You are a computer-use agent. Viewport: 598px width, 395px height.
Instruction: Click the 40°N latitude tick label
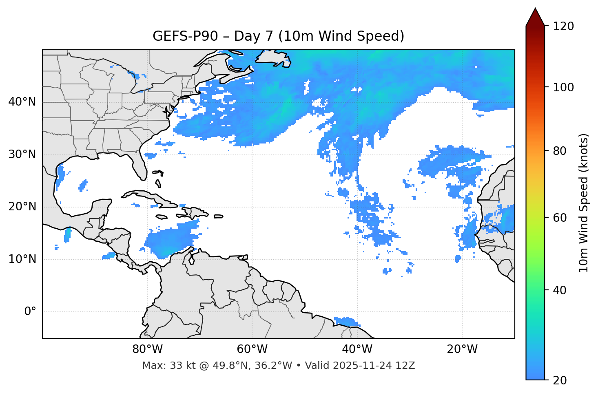[22, 102]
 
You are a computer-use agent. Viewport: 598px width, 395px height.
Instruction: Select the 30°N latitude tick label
[22, 154]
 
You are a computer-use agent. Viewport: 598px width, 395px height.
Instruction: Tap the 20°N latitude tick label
[22, 207]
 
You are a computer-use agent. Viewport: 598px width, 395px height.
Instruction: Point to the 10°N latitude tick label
[22, 259]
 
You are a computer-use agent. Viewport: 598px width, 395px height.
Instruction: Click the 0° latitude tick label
[30, 312]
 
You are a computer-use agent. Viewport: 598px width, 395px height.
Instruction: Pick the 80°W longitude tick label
[147, 349]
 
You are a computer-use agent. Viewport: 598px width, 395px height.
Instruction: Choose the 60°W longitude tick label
[252, 349]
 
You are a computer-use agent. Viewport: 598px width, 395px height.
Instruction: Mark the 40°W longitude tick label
[357, 349]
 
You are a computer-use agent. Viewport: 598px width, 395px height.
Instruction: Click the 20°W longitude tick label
[462, 349]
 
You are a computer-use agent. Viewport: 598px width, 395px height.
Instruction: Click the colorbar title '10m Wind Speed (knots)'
[584, 203]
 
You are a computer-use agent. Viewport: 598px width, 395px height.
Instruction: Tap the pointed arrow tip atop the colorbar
[535, 10]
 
